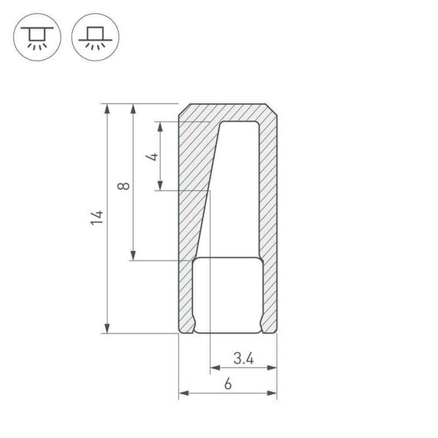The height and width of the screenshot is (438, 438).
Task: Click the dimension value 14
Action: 96,217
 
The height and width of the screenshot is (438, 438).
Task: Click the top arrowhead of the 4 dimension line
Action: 160,126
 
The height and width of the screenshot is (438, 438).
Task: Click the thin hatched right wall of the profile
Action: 269,215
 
